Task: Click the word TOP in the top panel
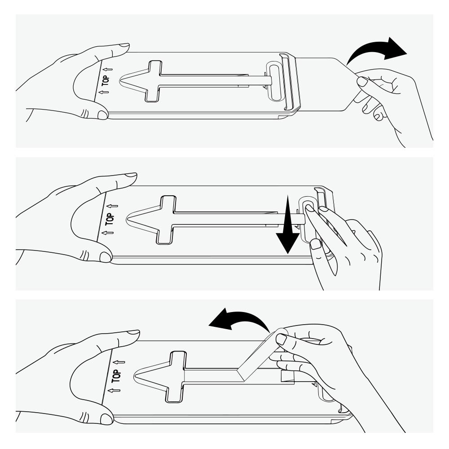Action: point(106,80)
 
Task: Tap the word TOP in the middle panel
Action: point(110,219)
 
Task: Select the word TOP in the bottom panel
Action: point(116,376)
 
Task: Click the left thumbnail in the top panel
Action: point(102,115)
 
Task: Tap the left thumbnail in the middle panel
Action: point(105,257)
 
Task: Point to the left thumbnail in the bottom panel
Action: point(106,419)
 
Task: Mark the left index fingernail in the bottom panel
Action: point(134,332)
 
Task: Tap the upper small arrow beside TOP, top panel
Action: point(108,69)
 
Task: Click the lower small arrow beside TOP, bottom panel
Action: point(114,390)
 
